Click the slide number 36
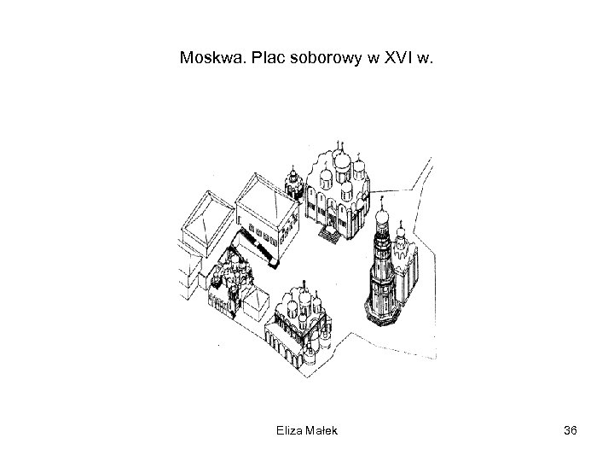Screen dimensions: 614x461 [x=571, y=430]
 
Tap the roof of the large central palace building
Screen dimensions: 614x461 [x=264, y=201]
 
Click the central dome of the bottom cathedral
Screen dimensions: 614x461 [x=304, y=301]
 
